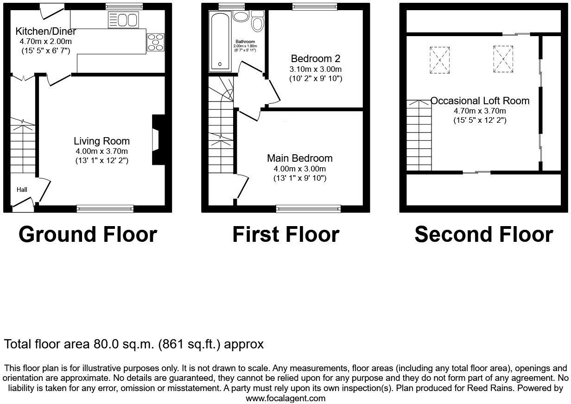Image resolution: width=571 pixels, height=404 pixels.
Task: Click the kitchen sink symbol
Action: pyautogui.click(x=123, y=20)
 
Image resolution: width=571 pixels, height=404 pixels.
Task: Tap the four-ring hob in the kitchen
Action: pyautogui.click(x=156, y=42)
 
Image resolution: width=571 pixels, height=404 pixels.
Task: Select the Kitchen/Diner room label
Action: pyautogui.click(x=46, y=32)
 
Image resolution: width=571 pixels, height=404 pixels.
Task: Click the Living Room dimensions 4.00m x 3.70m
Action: pyautogui.click(x=102, y=151)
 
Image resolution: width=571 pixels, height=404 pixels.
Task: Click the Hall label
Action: pyautogui.click(x=22, y=189)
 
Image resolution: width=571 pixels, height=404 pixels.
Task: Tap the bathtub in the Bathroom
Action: pyautogui.click(x=220, y=42)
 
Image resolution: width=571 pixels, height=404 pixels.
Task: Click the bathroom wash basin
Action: pyautogui.click(x=241, y=17)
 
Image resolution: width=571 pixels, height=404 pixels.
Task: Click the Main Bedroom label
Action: pyautogui.click(x=299, y=158)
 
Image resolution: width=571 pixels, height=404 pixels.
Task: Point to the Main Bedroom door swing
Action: pyautogui.click(x=243, y=188)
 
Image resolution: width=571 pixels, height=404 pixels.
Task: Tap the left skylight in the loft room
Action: pyautogui.click(x=440, y=59)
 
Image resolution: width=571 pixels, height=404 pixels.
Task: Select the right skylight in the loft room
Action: pyautogui.click(x=503, y=58)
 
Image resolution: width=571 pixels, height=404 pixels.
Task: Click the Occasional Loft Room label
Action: pyautogui.click(x=480, y=101)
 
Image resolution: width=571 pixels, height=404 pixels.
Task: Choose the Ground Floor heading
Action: pyautogui.click(x=88, y=234)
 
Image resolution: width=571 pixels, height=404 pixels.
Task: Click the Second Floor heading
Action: pyautogui.click(x=483, y=234)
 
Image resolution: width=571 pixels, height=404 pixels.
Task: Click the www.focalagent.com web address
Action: pyautogui.click(x=285, y=398)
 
